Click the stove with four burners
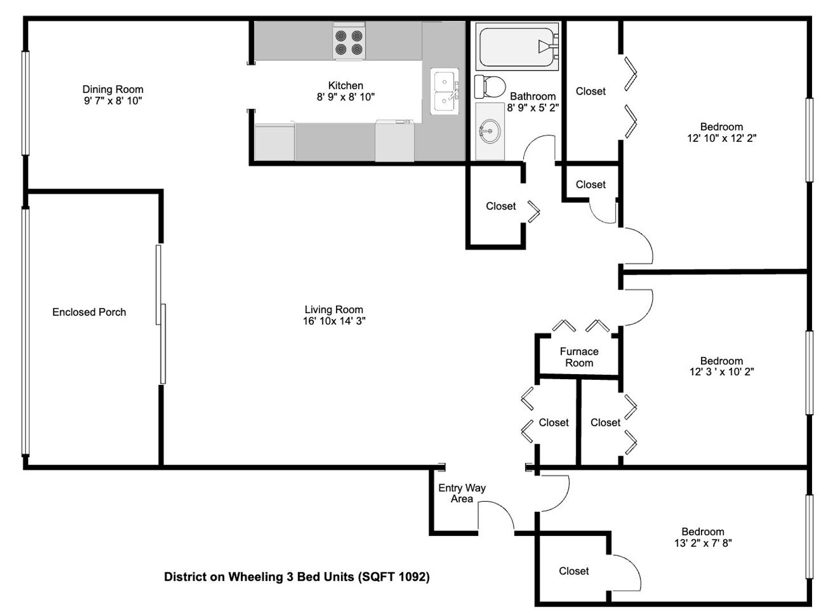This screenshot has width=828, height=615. point(349,40)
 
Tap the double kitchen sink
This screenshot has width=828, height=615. point(444,91)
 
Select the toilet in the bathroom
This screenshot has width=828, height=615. point(489,86)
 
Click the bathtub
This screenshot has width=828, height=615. point(518,46)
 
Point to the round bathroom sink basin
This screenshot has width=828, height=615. point(489,131)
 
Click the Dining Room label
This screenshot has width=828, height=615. point(113,89)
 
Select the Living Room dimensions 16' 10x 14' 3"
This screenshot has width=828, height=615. point(334,321)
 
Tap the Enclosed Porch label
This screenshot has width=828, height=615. point(89,312)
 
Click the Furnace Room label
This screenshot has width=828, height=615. point(579,357)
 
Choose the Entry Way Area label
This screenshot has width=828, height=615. point(462,493)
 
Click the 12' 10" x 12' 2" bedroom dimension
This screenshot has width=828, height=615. point(722,138)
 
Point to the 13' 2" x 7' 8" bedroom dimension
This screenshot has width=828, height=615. point(703,543)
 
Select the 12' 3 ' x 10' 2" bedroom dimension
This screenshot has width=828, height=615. point(722,371)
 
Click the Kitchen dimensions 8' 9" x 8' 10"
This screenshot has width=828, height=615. point(346,97)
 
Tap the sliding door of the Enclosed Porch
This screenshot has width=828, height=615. point(161,314)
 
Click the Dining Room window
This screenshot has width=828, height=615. point(26,102)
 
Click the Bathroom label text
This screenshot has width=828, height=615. point(532,96)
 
